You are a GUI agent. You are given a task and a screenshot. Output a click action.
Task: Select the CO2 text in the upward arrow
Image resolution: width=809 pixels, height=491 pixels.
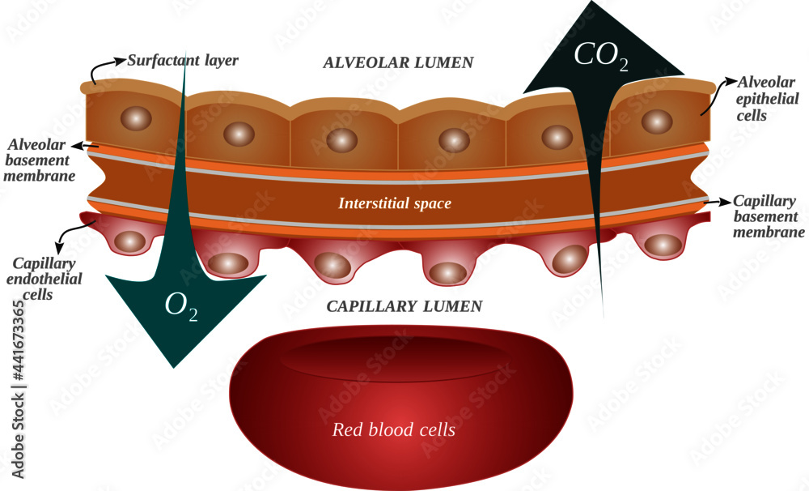pyautogui.click(x=600, y=56)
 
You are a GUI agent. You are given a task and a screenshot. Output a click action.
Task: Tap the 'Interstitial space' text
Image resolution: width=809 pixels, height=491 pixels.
pyautogui.click(x=394, y=203)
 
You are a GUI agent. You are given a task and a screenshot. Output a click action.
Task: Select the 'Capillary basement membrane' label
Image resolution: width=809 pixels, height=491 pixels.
pyautogui.click(x=764, y=216)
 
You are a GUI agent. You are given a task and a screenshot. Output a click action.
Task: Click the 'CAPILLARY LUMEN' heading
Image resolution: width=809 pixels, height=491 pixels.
pyautogui.click(x=404, y=306)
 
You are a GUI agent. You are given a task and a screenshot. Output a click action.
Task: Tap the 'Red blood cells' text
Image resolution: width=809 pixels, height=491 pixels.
pyautogui.click(x=394, y=429)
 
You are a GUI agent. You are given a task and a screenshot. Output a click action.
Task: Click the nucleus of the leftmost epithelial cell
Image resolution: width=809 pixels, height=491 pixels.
pyautogui.click(x=135, y=118)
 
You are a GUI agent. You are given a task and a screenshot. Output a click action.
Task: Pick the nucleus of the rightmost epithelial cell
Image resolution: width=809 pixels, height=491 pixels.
pyautogui.click(x=657, y=121)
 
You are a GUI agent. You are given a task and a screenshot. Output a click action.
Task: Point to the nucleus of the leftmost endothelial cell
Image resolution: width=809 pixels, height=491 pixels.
pyautogui.click(x=129, y=241)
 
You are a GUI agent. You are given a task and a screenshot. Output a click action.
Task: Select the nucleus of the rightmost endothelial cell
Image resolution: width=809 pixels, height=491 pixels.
pyautogui.click(x=661, y=244)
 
